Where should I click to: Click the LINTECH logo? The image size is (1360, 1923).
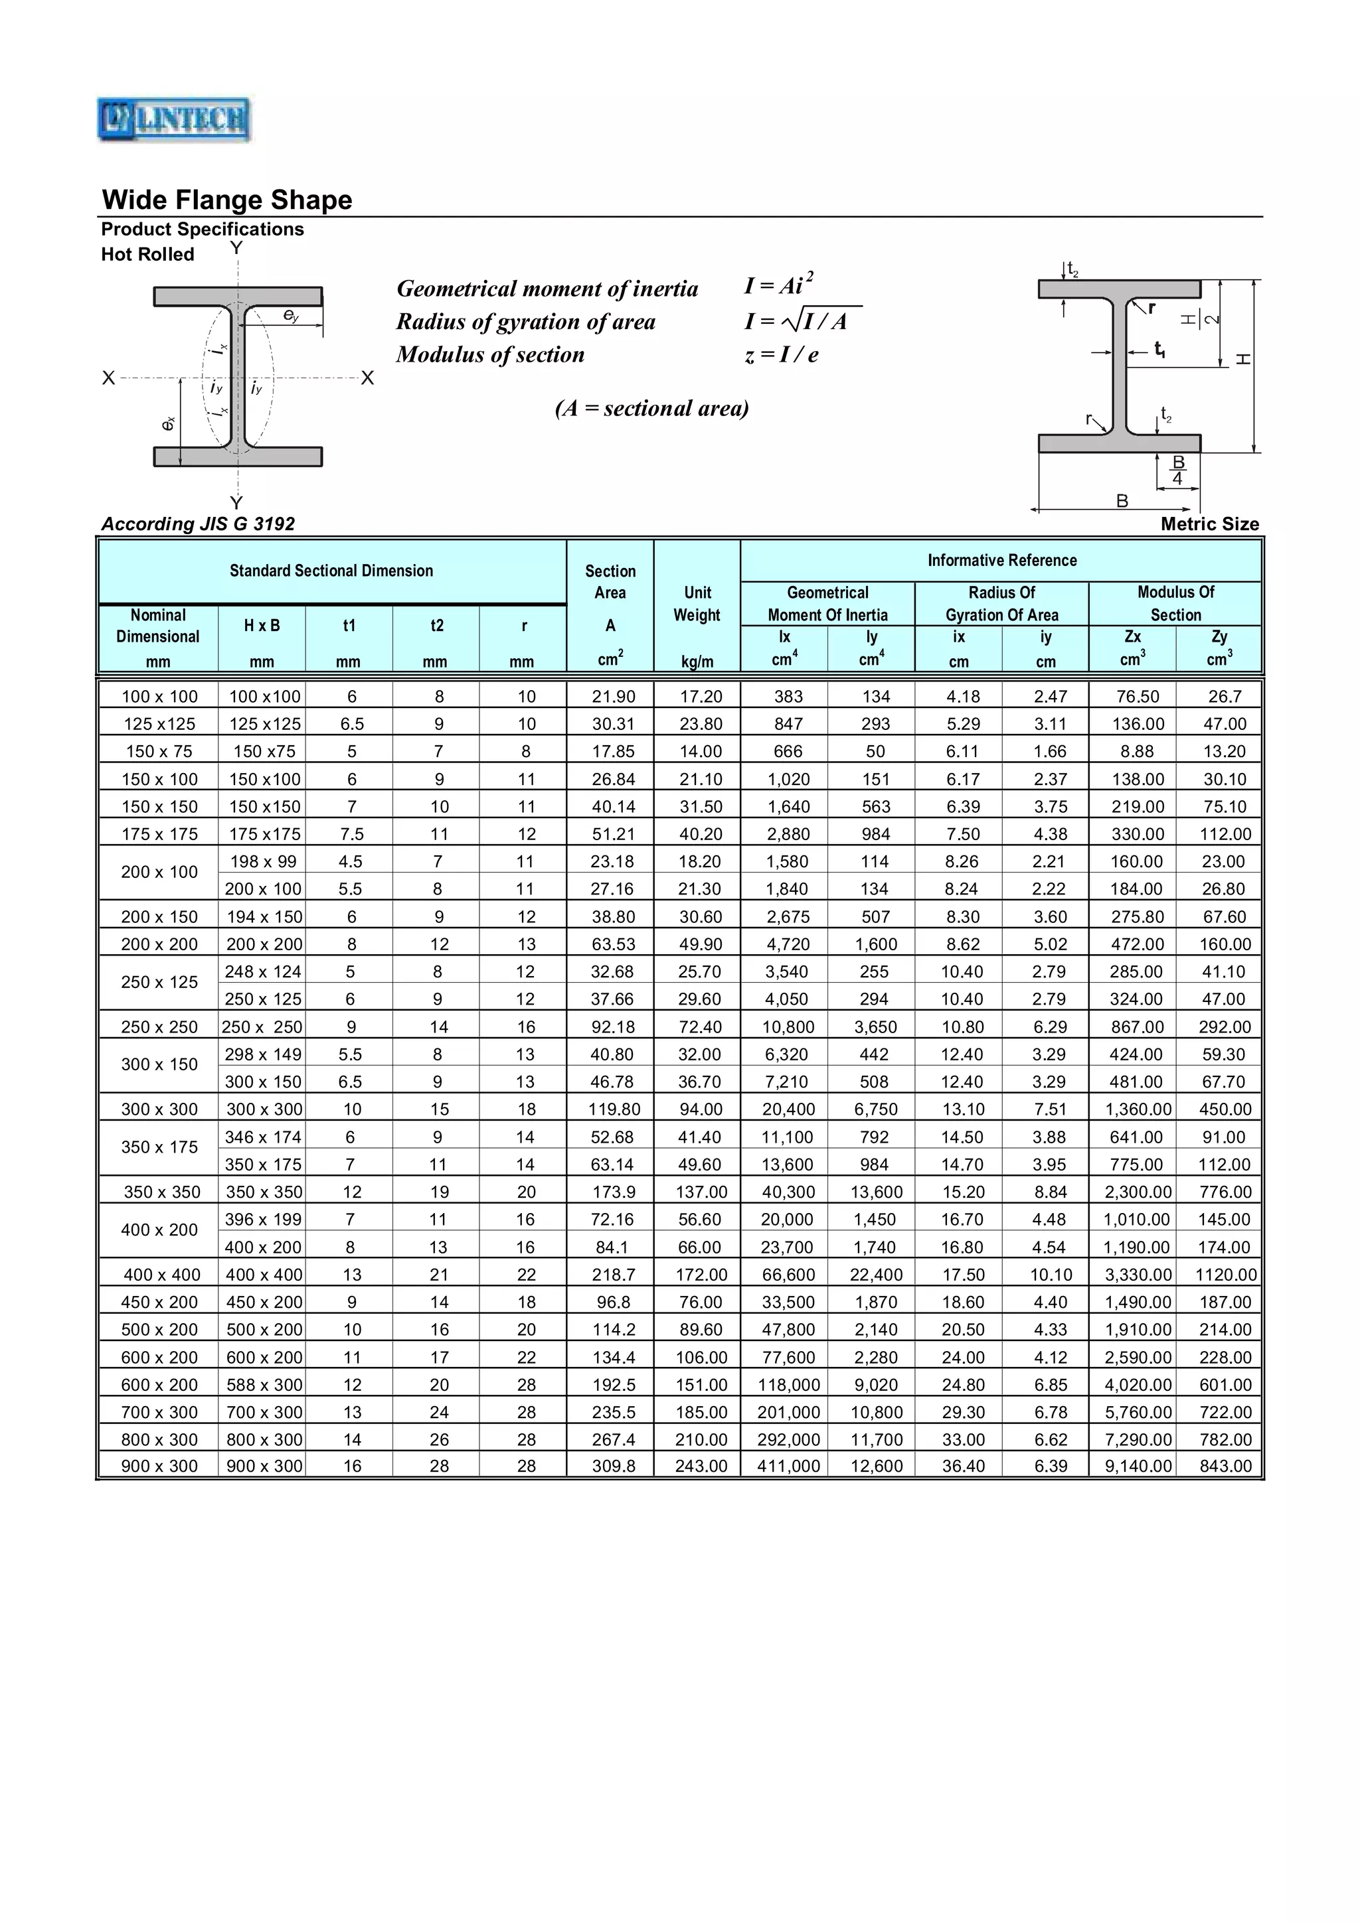point(173,119)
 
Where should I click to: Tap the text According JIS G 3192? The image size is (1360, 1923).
point(198,524)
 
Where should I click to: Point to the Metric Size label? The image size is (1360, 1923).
point(1209,524)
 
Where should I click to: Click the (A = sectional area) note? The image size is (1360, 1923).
point(651,408)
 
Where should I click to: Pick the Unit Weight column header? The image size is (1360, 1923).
point(697,604)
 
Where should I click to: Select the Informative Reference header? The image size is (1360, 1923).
point(1001,560)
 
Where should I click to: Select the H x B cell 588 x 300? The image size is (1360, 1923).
point(263,1384)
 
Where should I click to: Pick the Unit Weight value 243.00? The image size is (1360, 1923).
point(701,1466)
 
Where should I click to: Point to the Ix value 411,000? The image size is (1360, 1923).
point(788,1466)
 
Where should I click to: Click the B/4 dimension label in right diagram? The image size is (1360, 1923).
point(1177,470)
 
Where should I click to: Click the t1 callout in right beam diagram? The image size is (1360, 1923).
point(1159,350)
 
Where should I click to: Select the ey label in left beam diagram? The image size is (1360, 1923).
point(290,316)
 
